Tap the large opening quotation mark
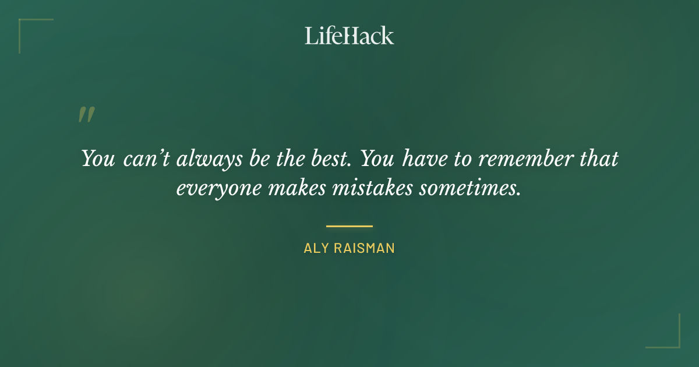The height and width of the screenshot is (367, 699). pos(86,115)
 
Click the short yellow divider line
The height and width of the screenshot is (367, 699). pos(349,226)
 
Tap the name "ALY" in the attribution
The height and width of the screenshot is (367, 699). pos(315,248)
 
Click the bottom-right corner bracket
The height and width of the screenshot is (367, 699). pos(676,344)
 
